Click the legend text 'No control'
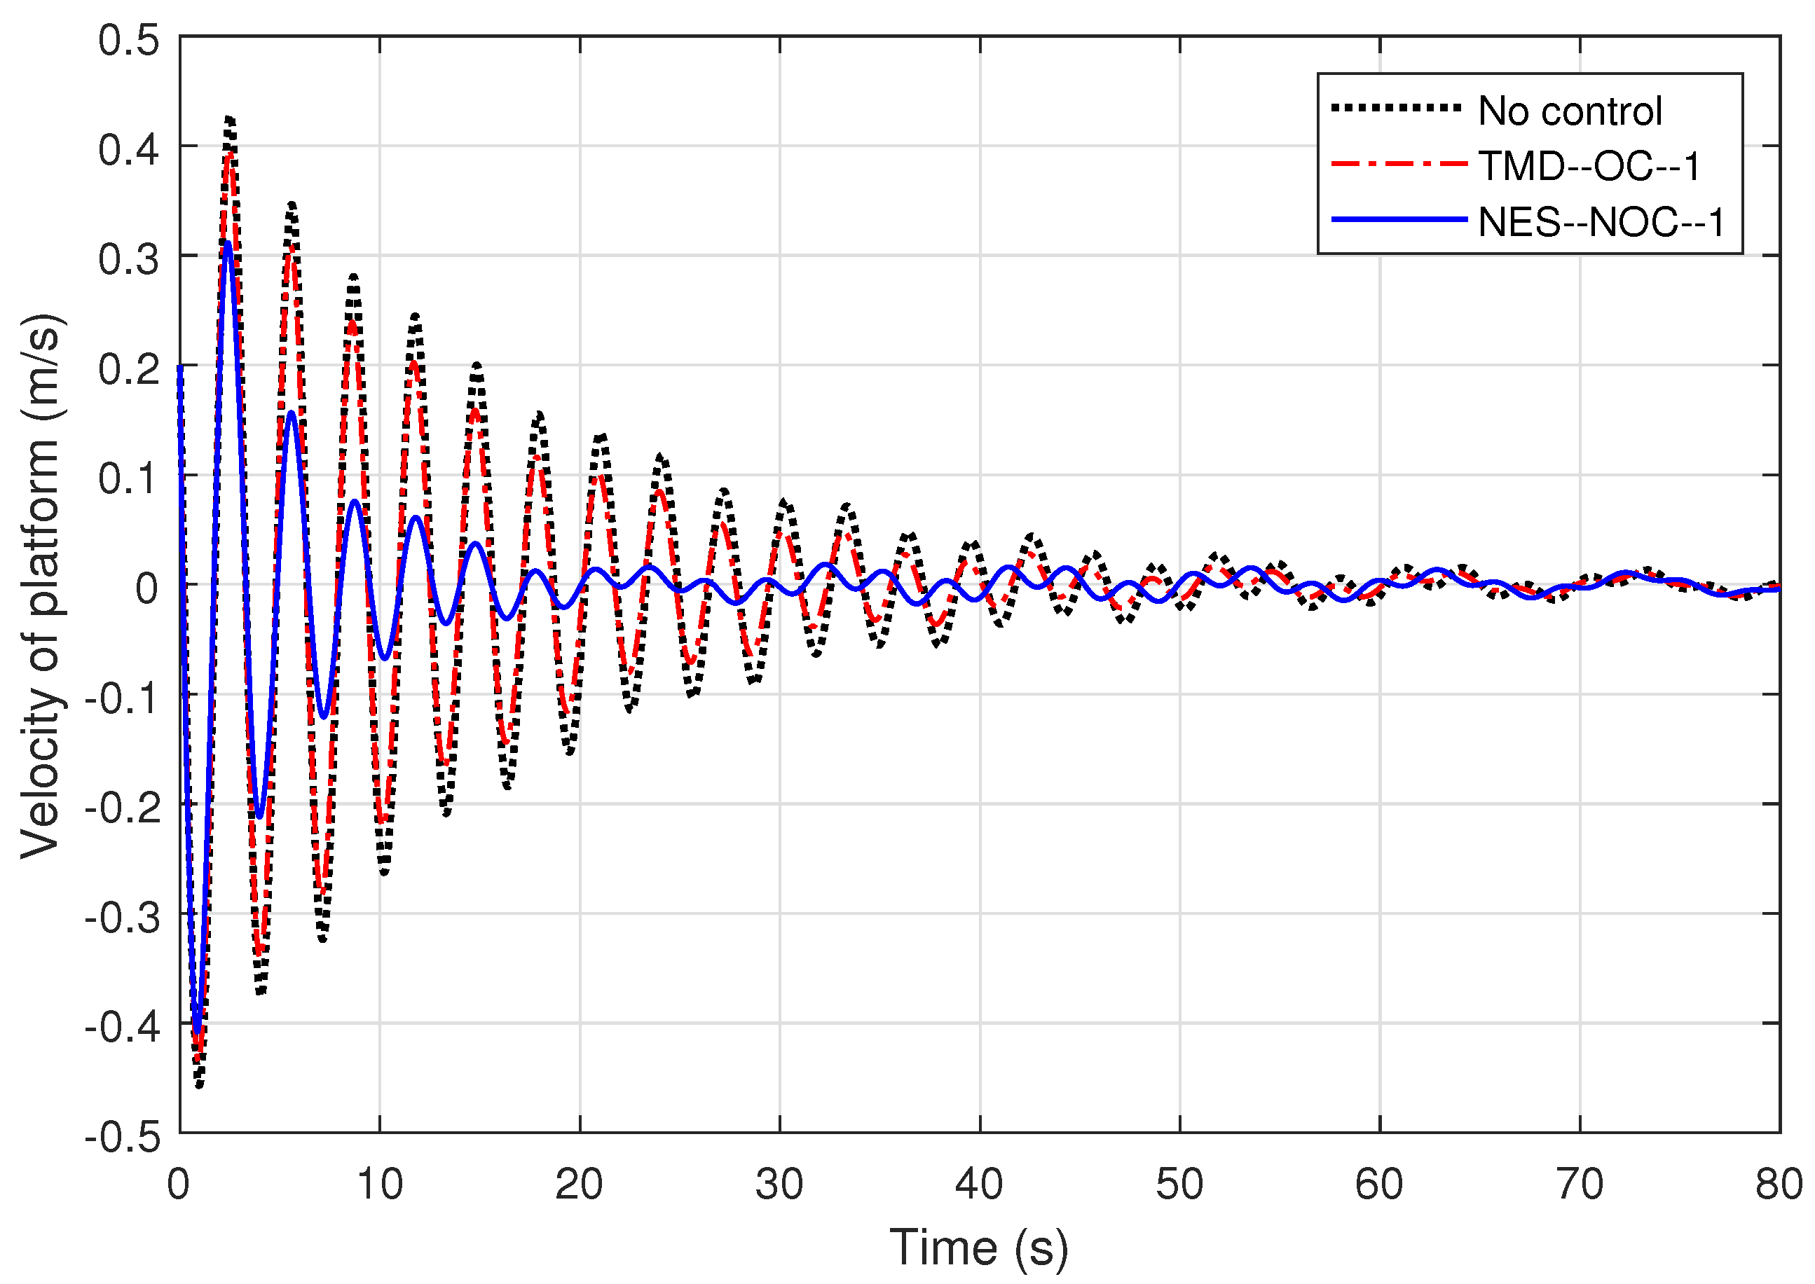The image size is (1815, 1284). point(1569,111)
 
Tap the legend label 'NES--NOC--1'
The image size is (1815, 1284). point(1601,222)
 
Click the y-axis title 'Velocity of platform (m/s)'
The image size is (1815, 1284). point(41,585)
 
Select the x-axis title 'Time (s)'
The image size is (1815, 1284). point(978,1247)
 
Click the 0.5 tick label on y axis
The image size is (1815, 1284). point(128,39)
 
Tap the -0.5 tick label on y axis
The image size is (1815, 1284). point(122,1137)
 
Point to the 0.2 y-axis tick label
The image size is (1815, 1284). point(128,368)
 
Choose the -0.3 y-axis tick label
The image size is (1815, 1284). point(122,917)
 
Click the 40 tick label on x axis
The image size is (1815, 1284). point(979,1184)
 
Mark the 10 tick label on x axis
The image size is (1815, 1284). point(380,1184)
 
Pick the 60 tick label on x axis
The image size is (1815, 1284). point(1379,1184)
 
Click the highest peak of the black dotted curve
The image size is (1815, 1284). point(230,118)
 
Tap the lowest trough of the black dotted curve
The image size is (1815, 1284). point(199,1085)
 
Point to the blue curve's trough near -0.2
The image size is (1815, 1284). point(259,816)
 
